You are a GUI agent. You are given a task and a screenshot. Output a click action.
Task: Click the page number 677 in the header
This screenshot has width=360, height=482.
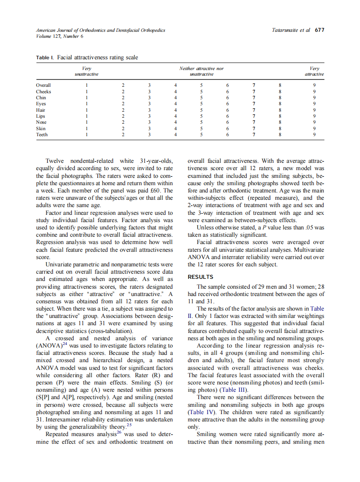tap(319, 31)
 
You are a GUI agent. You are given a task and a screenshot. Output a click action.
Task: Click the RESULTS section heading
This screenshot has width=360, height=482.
tap(200, 277)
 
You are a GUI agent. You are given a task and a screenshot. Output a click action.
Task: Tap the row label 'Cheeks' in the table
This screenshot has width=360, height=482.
tap(43, 92)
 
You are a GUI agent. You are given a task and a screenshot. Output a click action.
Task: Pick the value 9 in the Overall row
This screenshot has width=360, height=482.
tap(314, 85)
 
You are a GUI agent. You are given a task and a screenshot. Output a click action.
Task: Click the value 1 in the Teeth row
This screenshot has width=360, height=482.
tap(87, 134)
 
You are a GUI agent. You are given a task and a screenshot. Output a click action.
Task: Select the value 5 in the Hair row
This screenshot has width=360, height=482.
tap(201, 110)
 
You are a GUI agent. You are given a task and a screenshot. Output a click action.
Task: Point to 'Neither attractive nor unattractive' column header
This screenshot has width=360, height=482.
tap(201, 71)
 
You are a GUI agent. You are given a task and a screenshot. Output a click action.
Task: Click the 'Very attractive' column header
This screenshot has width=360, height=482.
tap(314, 71)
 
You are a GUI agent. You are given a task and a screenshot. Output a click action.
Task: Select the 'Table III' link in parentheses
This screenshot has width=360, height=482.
tap(234, 390)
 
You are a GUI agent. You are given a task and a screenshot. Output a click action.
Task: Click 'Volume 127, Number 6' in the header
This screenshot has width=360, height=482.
tap(60, 36)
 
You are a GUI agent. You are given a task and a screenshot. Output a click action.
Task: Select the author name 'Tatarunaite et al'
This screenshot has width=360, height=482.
tap(291, 31)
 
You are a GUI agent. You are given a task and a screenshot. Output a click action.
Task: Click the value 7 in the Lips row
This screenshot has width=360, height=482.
tap(254, 116)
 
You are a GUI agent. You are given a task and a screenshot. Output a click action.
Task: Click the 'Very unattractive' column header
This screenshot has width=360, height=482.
tap(87, 71)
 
